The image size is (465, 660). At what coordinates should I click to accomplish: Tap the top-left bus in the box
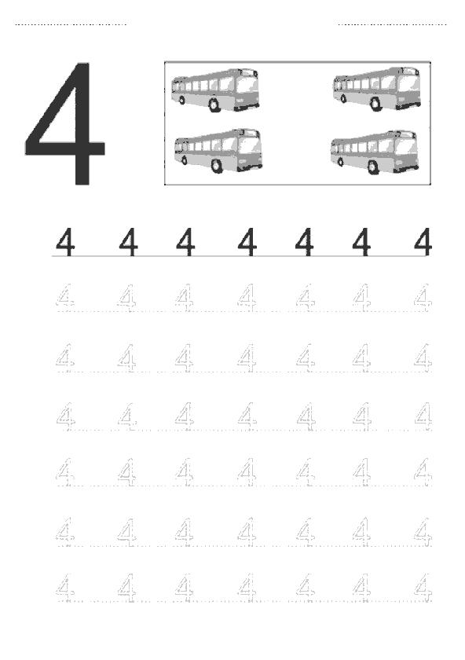(x=215, y=90)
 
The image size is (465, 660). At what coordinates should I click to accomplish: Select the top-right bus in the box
(x=377, y=89)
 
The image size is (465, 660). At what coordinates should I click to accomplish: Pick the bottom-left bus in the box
(x=218, y=151)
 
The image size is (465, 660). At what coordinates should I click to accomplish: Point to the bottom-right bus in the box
(x=374, y=152)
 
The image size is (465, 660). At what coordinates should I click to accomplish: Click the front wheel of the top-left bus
(x=214, y=105)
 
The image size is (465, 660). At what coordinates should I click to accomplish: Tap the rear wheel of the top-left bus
(x=181, y=101)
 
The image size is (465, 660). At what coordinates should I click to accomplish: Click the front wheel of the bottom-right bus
(x=373, y=167)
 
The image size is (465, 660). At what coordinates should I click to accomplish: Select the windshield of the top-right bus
(x=407, y=84)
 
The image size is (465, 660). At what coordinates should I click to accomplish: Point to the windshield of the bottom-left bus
(x=249, y=145)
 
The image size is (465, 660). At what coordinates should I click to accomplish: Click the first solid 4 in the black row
(x=65, y=242)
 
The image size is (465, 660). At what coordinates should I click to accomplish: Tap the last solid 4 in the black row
(x=423, y=242)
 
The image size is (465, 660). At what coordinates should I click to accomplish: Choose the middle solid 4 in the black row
(x=247, y=242)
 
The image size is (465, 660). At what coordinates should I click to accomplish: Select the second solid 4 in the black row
(x=128, y=242)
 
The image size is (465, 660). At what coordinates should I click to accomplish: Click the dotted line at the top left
(x=71, y=24)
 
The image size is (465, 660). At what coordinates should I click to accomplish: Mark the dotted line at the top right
(x=393, y=24)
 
